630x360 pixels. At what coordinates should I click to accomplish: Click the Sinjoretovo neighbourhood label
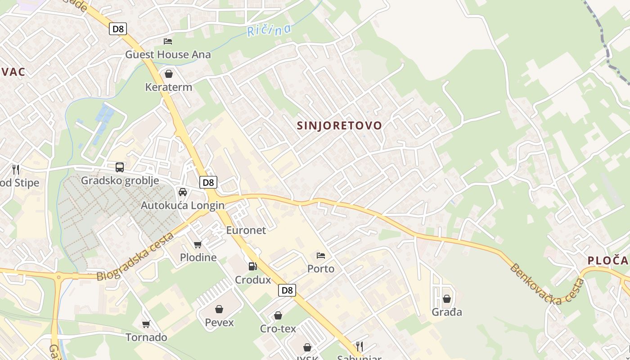coord(339,126)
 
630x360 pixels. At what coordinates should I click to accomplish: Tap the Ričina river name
coord(269,30)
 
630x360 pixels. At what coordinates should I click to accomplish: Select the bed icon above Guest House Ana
coord(168,41)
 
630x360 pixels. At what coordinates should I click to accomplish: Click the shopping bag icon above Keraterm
coord(169,74)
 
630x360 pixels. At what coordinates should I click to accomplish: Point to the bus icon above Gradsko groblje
coord(120,167)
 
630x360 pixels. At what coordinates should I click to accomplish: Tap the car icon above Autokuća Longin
coord(183,192)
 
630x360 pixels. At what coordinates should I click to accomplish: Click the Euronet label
coord(246,230)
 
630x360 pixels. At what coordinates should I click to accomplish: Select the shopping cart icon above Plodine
coord(198,244)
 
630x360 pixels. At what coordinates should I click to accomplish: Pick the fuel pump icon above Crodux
coord(253,266)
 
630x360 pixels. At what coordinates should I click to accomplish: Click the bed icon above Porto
coord(321,256)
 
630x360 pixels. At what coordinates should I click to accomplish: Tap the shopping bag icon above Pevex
coord(219,309)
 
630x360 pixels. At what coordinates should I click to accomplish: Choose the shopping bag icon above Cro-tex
coord(278,315)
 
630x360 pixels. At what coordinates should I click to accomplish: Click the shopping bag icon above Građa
coord(447,299)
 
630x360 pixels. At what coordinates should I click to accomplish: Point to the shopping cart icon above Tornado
coord(146,324)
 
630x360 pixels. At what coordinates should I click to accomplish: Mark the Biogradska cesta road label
coord(135,257)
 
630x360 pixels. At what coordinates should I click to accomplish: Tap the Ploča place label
coord(607,261)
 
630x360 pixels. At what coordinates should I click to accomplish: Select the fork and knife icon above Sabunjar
coord(359,346)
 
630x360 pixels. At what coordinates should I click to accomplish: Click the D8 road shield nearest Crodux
coord(287,290)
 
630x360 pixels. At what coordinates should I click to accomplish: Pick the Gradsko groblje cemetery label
coord(120,180)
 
